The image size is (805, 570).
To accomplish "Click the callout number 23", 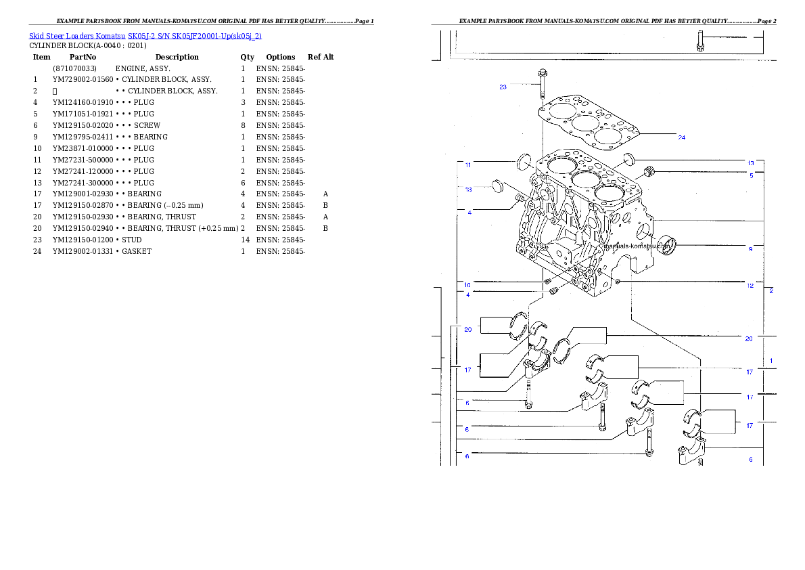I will pyautogui.click(x=503, y=87).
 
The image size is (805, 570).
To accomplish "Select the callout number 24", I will pyautogui.click(x=682, y=137).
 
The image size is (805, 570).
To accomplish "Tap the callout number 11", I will pyautogui.click(x=467, y=164).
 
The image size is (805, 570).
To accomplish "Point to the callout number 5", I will pyautogui.click(x=751, y=175).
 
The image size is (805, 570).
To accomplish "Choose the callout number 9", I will pyautogui.click(x=750, y=249).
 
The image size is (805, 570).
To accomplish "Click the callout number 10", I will pyautogui.click(x=467, y=284).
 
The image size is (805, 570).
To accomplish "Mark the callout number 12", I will pyautogui.click(x=750, y=286).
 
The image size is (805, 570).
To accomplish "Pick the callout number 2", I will pyautogui.click(x=771, y=291).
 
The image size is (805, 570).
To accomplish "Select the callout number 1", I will pyautogui.click(x=771, y=360).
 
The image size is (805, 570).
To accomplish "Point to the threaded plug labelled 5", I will pyautogui.click(x=651, y=171).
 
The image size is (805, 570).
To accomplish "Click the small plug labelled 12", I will pyautogui.click(x=618, y=280).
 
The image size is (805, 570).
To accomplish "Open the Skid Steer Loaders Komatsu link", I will pyautogui.click(x=145, y=35).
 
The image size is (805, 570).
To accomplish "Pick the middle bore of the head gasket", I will pyautogui.click(x=584, y=123).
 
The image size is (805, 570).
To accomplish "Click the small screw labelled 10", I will pyautogui.click(x=548, y=281).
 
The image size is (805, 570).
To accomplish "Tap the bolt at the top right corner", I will pyautogui.click(x=700, y=40).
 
